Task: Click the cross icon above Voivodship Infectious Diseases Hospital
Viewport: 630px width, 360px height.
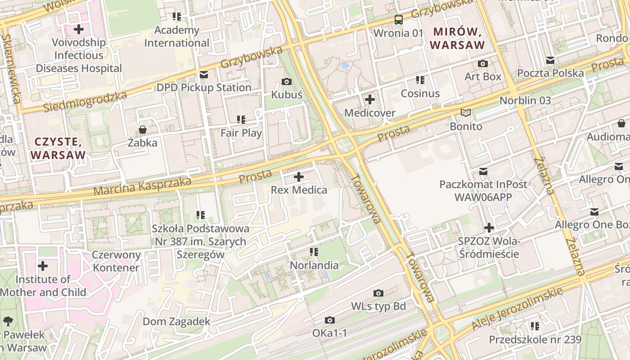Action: tap(79, 30)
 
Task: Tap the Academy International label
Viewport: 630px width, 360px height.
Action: tap(177, 37)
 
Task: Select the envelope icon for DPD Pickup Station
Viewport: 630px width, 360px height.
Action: tap(204, 75)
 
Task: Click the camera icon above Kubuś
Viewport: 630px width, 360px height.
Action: tap(286, 81)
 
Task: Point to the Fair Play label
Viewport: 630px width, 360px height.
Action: tap(241, 133)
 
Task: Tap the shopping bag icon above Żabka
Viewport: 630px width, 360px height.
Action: tap(143, 130)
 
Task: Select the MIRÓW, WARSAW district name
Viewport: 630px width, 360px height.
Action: tap(457, 38)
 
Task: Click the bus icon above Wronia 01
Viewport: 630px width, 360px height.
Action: tap(399, 20)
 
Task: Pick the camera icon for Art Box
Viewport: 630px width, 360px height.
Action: tap(483, 64)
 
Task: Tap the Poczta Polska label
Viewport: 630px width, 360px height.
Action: tap(550, 73)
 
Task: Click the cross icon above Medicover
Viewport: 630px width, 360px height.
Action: tap(370, 99)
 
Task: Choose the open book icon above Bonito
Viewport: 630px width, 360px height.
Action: tap(466, 113)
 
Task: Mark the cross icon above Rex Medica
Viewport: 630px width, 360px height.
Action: tap(299, 177)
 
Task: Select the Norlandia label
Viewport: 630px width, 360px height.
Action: tap(314, 265)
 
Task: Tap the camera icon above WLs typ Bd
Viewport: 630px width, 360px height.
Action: tap(378, 293)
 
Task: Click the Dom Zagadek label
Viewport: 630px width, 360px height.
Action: tap(176, 321)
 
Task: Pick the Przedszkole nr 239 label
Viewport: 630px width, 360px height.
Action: tap(535, 339)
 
